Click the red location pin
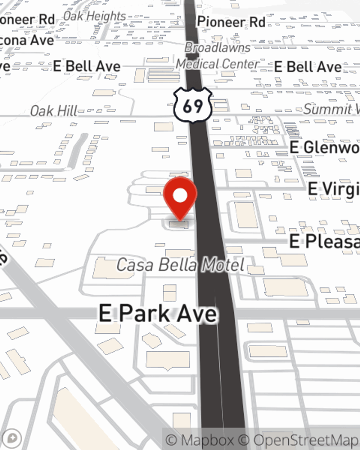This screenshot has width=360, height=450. point(180,197)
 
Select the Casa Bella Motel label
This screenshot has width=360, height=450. point(180,265)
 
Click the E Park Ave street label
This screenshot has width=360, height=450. point(158,313)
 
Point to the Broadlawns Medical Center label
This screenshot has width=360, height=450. point(217,56)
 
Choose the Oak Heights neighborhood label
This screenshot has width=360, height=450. point(94,16)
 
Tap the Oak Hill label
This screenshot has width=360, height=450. point(53,111)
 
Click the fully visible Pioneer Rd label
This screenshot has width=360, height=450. point(231,22)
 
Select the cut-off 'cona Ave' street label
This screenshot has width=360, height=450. point(27,40)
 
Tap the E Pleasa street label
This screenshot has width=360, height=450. point(324,241)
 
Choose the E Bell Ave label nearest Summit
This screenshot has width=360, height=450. point(307,67)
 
